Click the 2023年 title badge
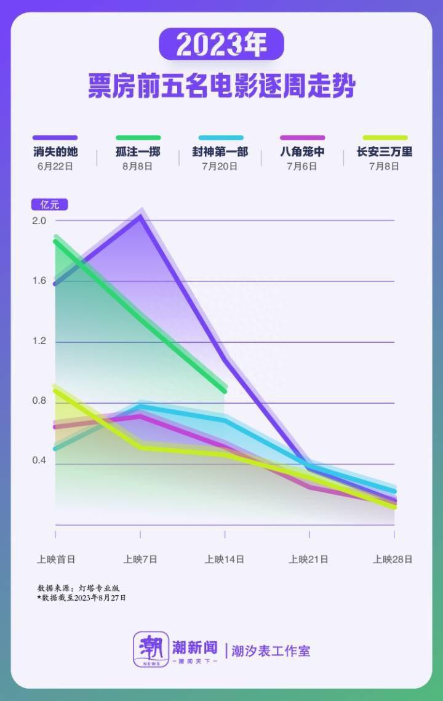click(x=221, y=44)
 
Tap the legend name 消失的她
click(x=56, y=152)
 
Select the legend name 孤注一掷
click(x=138, y=152)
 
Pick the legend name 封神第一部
click(x=220, y=152)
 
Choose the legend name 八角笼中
click(x=302, y=152)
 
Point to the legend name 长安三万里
click(x=385, y=152)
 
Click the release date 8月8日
click(x=138, y=166)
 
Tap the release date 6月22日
click(x=56, y=166)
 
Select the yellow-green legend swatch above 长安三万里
click(x=385, y=138)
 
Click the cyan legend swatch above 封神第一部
click(x=220, y=138)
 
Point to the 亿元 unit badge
click(x=50, y=205)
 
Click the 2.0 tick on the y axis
click(x=39, y=221)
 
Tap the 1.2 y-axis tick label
click(x=39, y=342)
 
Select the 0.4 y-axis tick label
click(x=39, y=462)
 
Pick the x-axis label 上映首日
click(x=56, y=559)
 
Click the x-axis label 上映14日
click(x=225, y=559)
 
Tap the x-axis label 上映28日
click(x=393, y=559)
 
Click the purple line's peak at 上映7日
click(x=141, y=216)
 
